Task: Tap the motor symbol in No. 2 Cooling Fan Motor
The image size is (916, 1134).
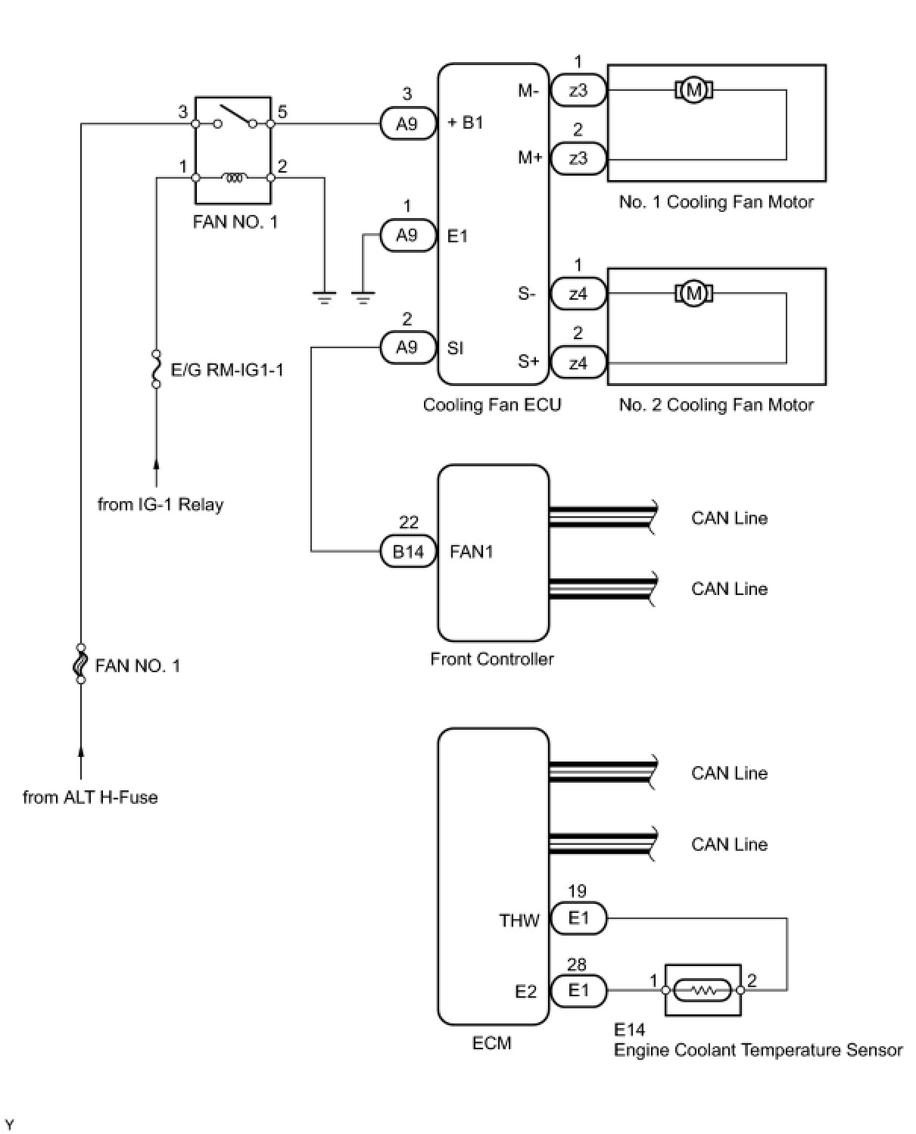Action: pyautogui.click(x=693, y=294)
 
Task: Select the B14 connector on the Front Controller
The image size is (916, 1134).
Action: pyautogui.click(x=408, y=551)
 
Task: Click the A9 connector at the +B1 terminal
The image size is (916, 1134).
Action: pyautogui.click(x=407, y=123)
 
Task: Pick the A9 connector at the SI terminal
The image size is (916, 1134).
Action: pyautogui.click(x=407, y=347)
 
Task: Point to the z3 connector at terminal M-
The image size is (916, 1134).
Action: pyautogui.click(x=578, y=90)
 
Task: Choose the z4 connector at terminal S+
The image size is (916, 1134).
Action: pyautogui.click(x=578, y=363)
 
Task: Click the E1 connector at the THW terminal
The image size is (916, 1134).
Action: pyautogui.click(x=578, y=917)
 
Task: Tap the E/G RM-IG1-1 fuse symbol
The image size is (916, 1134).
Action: pyautogui.click(x=156, y=369)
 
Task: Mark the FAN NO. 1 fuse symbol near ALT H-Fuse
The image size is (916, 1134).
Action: pyautogui.click(x=81, y=664)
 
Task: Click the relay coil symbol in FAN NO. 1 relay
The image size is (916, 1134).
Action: pyautogui.click(x=234, y=177)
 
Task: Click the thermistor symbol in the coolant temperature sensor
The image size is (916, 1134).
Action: pyautogui.click(x=703, y=990)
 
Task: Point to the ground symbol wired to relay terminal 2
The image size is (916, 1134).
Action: pyautogui.click(x=324, y=298)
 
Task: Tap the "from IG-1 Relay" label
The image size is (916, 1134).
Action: pyautogui.click(x=160, y=504)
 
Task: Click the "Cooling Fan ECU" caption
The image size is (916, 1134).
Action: pyautogui.click(x=492, y=404)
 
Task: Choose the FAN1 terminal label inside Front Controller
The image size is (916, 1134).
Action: pyautogui.click(x=471, y=552)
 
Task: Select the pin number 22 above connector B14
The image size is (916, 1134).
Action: pyautogui.click(x=408, y=522)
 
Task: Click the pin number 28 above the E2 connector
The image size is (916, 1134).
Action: pyautogui.click(x=577, y=964)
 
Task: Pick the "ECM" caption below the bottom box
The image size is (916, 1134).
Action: pyautogui.click(x=491, y=1042)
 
